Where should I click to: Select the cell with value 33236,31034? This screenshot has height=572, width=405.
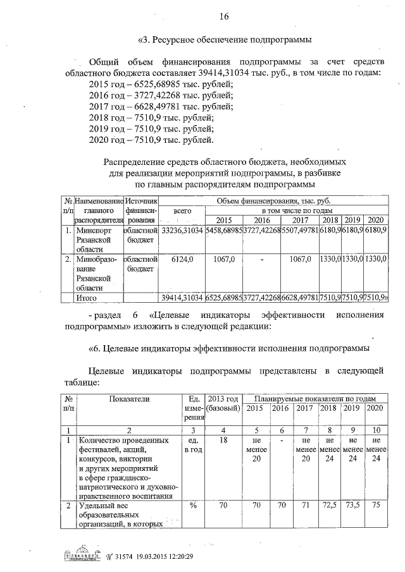182,231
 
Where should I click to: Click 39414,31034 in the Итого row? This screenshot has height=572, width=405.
182,297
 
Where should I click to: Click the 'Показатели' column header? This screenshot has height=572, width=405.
129,399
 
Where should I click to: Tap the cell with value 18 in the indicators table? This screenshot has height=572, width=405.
223,440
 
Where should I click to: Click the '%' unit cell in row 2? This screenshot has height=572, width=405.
193,506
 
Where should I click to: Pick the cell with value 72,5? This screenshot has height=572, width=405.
328,506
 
